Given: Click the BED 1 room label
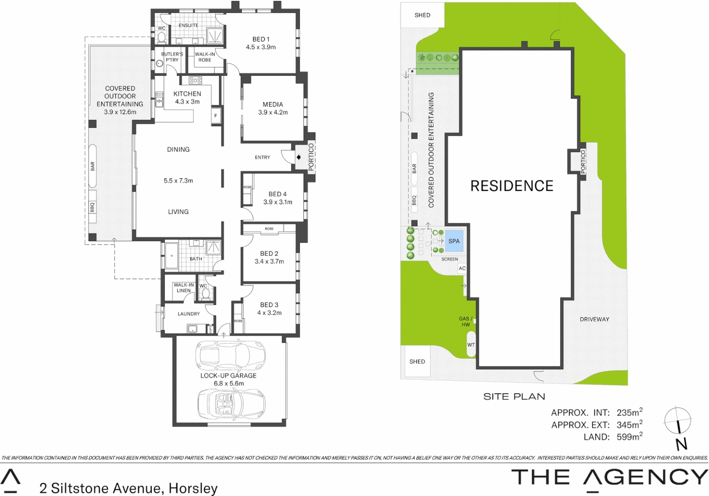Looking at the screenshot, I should pyautogui.click(x=261, y=39).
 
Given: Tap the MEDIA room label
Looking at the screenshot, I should pyautogui.click(x=273, y=105).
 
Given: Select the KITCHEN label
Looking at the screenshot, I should pyautogui.click(x=187, y=94).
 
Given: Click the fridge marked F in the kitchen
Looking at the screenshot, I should pyautogui.click(x=216, y=116).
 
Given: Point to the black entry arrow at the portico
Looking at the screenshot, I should pyautogui.click(x=298, y=157).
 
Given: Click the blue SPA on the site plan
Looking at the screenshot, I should pyautogui.click(x=454, y=241).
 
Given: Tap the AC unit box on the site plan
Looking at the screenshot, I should pyautogui.click(x=462, y=268).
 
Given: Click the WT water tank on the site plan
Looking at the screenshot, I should pyautogui.click(x=471, y=345).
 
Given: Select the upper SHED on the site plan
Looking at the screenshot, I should pyautogui.click(x=422, y=15).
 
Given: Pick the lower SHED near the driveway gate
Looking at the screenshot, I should pyautogui.click(x=417, y=361).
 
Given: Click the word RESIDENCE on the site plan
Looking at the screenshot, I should pyautogui.click(x=512, y=186).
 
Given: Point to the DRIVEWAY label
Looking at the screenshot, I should pyautogui.click(x=594, y=319).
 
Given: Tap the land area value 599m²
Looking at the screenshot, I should pyautogui.click(x=629, y=437).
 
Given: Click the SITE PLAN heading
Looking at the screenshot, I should pyautogui.click(x=514, y=396).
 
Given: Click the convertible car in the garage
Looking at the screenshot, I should pyautogui.click(x=231, y=403).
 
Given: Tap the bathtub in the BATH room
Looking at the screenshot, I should pyautogui.click(x=171, y=255).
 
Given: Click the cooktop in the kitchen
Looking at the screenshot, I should pyautogui.click(x=195, y=80).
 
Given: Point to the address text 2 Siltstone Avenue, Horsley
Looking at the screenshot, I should pyautogui.click(x=129, y=488).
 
